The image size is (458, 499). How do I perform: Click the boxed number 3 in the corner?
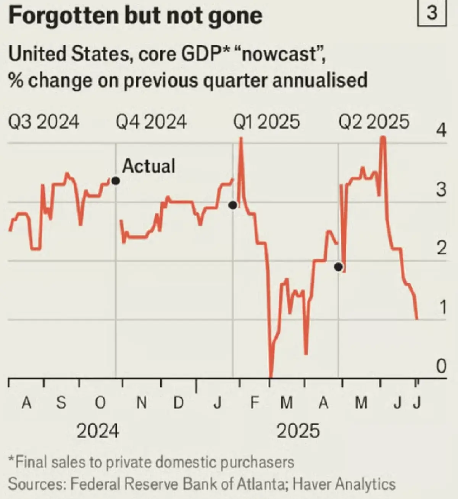(x=432, y=14)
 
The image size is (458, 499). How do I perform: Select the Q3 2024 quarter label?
(x=43, y=122)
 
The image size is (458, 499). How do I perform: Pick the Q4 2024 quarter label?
(x=151, y=122)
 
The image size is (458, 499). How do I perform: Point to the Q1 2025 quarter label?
(x=266, y=122)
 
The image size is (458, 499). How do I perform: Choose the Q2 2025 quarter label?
(x=374, y=122)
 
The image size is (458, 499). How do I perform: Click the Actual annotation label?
(x=148, y=166)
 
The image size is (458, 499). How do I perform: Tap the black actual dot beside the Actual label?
(x=116, y=181)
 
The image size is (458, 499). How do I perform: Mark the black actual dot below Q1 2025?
(x=233, y=205)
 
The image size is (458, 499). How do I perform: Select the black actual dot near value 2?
(x=339, y=267)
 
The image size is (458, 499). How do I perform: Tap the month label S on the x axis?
(x=61, y=402)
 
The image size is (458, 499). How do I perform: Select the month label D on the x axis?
(x=179, y=402)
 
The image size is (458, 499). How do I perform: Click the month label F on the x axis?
(x=254, y=402)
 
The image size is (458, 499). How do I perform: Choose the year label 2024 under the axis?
(x=98, y=431)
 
